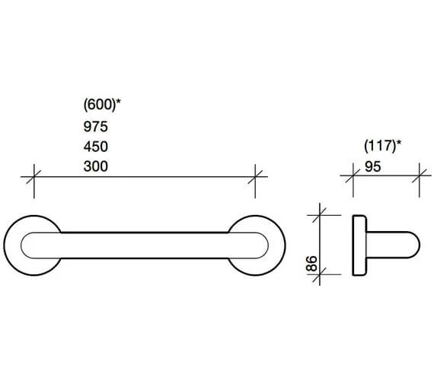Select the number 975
tap(95, 127)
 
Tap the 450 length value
tap(95, 147)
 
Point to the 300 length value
tap(95, 166)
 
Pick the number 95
tap(373, 166)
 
